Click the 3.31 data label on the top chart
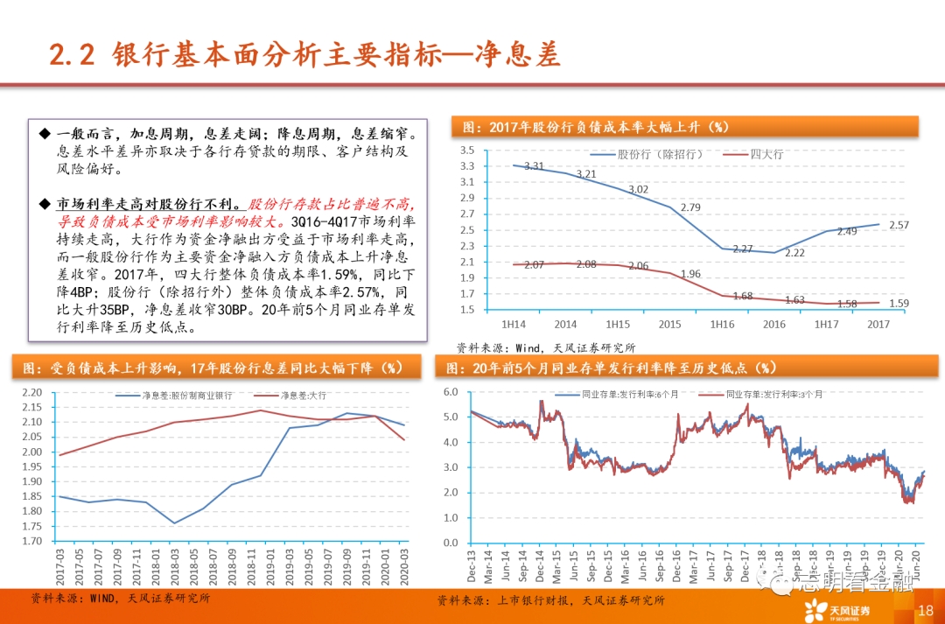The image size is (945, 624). (x=534, y=165)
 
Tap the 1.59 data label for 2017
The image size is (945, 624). (x=898, y=304)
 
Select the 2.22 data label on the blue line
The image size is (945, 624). (x=794, y=252)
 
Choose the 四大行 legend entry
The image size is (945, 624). (x=766, y=154)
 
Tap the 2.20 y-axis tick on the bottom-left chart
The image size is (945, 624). (x=31, y=392)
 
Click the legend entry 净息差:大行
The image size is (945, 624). (x=303, y=396)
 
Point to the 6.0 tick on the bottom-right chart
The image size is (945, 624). (x=451, y=391)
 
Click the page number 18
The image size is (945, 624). (x=925, y=610)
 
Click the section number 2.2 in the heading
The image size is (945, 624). (x=71, y=55)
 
